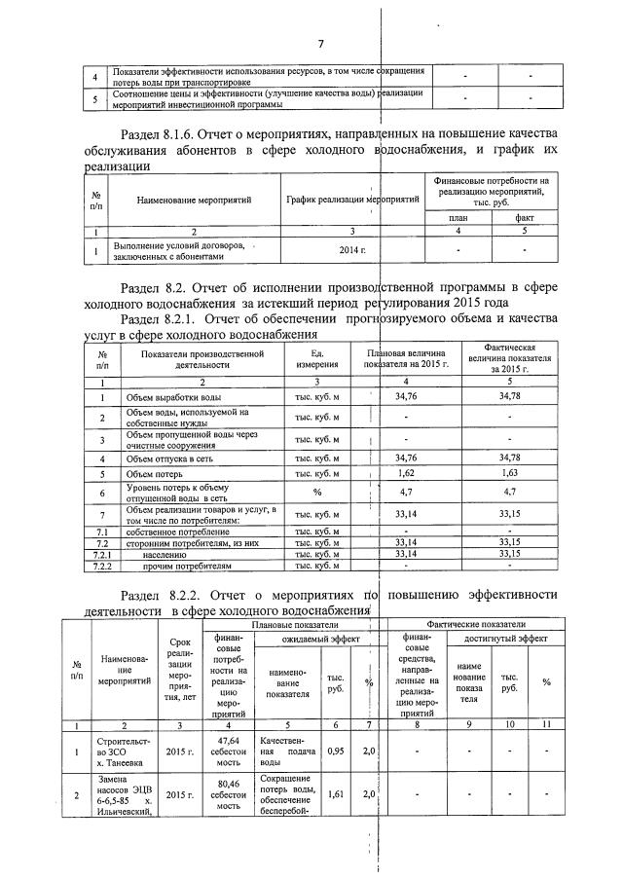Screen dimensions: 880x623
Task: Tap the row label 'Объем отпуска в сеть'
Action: [x=173, y=458]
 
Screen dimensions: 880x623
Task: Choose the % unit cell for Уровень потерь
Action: [x=316, y=493]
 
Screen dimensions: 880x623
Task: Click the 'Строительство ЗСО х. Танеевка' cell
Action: [x=124, y=752]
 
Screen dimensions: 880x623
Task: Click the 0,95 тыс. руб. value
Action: [x=335, y=752]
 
